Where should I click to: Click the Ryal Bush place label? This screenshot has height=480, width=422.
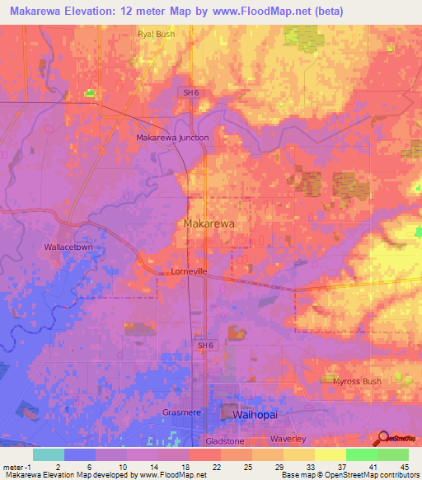click(156, 35)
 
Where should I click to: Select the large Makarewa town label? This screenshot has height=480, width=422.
click(209, 224)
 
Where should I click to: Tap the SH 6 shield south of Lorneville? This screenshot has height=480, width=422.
click(205, 345)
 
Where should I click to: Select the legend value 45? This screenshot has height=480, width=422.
click(404, 467)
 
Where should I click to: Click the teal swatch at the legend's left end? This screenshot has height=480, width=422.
click(49, 454)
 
